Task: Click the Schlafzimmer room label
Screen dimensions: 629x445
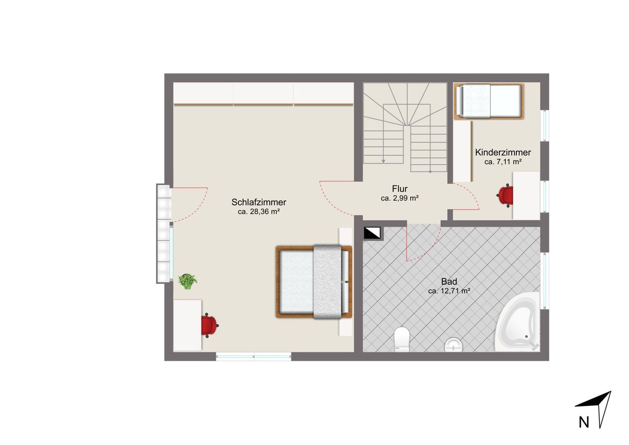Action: tap(258, 202)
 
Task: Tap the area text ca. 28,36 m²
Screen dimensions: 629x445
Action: tap(258, 211)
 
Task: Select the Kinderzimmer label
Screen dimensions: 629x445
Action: tap(503, 152)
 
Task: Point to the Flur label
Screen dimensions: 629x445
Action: tap(400, 188)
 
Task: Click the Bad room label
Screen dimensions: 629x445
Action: tap(449, 281)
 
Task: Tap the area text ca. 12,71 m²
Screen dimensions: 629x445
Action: tap(449, 291)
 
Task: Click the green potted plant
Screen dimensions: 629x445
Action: tap(188, 281)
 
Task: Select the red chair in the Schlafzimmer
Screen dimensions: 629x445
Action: tap(209, 326)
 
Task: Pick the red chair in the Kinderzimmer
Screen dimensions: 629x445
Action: tap(505, 196)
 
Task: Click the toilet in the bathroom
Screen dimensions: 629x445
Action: tap(402, 339)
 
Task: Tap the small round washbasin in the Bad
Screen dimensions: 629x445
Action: tap(454, 345)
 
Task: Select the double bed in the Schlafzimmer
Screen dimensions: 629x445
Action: tap(314, 282)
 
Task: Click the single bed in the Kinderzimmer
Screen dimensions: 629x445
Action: tap(489, 101)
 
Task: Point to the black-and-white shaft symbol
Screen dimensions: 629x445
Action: tap(372, 233)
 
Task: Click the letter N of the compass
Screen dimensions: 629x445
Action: tap(584, 430)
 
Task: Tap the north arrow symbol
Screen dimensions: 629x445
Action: tap(600, 412)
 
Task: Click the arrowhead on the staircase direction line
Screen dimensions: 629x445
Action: tap(383, 161)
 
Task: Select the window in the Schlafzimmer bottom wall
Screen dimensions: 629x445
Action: tap(254, 356)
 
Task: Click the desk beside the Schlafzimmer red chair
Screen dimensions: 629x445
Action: tap(187, 326)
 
